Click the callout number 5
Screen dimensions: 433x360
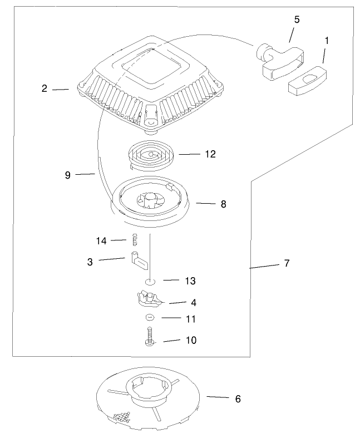click(x=297, y=19)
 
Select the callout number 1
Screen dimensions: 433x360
click(x=327, y=41)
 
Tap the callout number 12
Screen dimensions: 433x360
click(x=210, y=154)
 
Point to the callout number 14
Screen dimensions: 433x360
click(x=101, y=240)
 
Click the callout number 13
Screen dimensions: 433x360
click(x=190, y=281)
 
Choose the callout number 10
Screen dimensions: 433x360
click(x=190, y=339)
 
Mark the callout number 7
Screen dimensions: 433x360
click(x=287, y=263)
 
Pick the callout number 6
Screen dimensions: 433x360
click(x=238, y=398)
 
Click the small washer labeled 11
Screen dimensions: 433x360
click(x=149, y=318)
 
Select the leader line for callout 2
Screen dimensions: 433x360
click(x=61, y=89)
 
